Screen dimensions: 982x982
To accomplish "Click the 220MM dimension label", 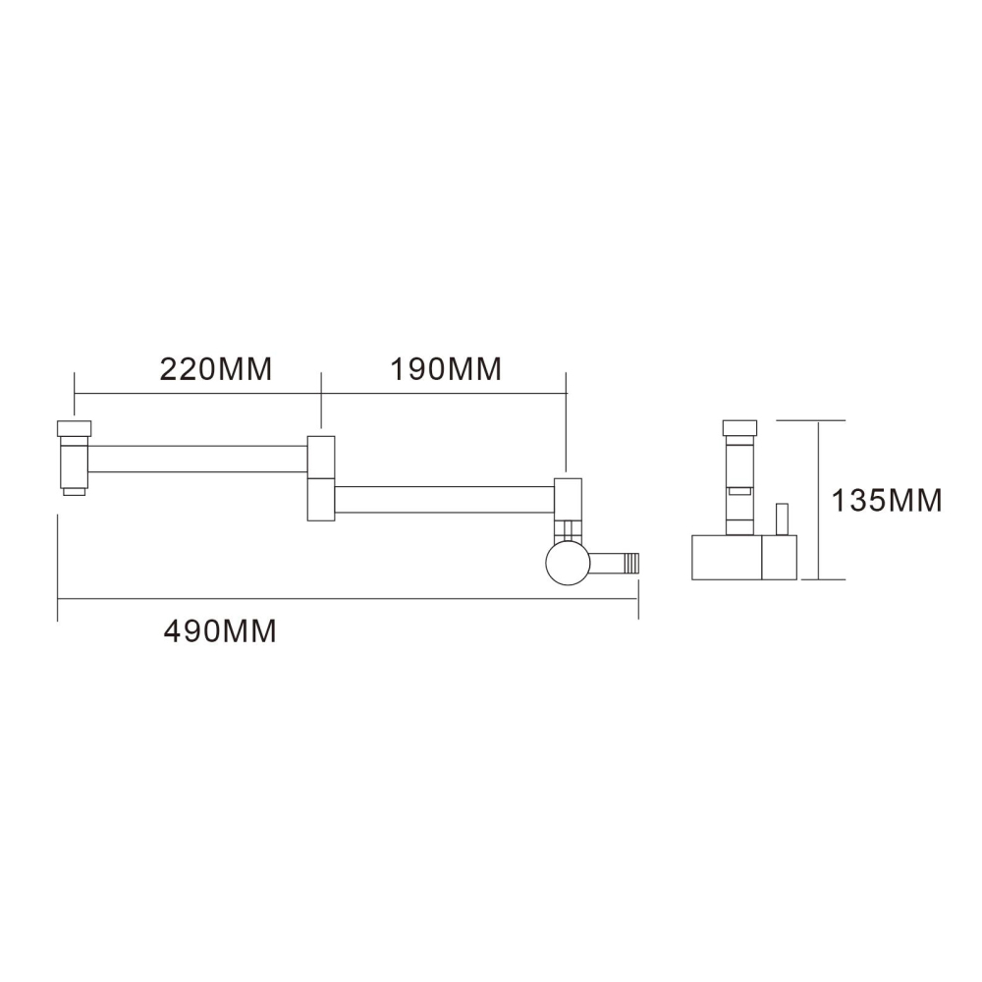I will pyautogui.click(x=215, y=369).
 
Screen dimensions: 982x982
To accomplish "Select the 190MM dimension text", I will pyautogui.click(x=447, y=369).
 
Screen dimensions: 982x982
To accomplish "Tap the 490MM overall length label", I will pyautogui.click(x=220, y=630).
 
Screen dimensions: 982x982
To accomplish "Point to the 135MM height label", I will pyautogui.click(x=887, y=501).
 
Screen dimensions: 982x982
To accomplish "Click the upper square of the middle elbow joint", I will pyautogui.click(x=321, y=457).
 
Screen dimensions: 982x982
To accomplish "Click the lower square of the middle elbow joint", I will pyautogui.click(x=321, y=500).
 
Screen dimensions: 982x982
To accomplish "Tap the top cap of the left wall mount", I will pyautogui.click(x=75, y=427).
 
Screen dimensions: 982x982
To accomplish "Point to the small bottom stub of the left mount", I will pyautogui.click(x=75, y=489).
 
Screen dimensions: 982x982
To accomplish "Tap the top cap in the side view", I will pyautogui.click(x=739, y=427).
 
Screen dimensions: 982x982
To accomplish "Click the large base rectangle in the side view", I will pyautogui.click(x=728, y=557).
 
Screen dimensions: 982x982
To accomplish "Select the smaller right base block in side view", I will pyautogui.click(x=782, y=557).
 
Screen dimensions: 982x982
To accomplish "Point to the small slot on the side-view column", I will pyautogui.click(x=739, y=487).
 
